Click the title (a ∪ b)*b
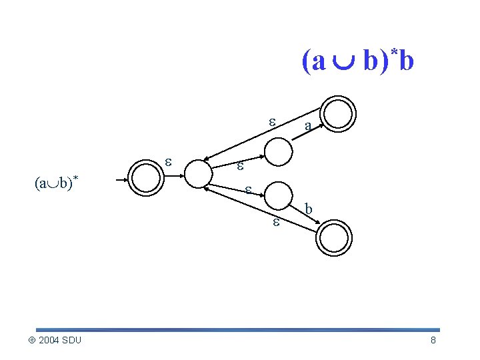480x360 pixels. (x=358, y=61)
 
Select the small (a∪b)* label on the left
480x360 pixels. (x=53, y=183)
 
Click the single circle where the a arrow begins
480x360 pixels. (x=280, y=152)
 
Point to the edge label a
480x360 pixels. (x=307, y=126)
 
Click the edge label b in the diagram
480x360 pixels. (x=308, y=208)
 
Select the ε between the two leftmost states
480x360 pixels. (x=169, y=162)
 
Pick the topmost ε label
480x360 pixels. (x=271, y=121)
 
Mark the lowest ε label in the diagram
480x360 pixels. (x=275, y=223)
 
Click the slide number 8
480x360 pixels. (x=433, y=341)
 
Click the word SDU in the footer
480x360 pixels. (x=72, y=341)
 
